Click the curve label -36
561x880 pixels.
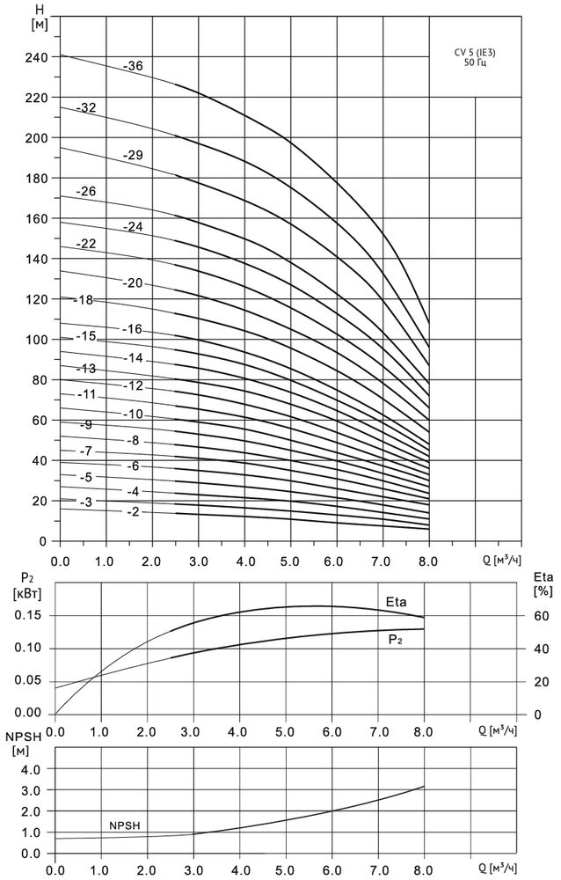(x=134, y=66)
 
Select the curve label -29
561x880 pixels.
(x=132, y=155)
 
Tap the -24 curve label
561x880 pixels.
(x=132, y=226)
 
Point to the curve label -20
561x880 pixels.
(x=132, y=283)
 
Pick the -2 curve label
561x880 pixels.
(x=132, y=512)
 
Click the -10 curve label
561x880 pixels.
(x=132, y=414)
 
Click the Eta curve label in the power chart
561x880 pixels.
(x=397, y=602)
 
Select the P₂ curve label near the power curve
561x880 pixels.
(x=397, y=642)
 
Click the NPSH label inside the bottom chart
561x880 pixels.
(x=125, y=826)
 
